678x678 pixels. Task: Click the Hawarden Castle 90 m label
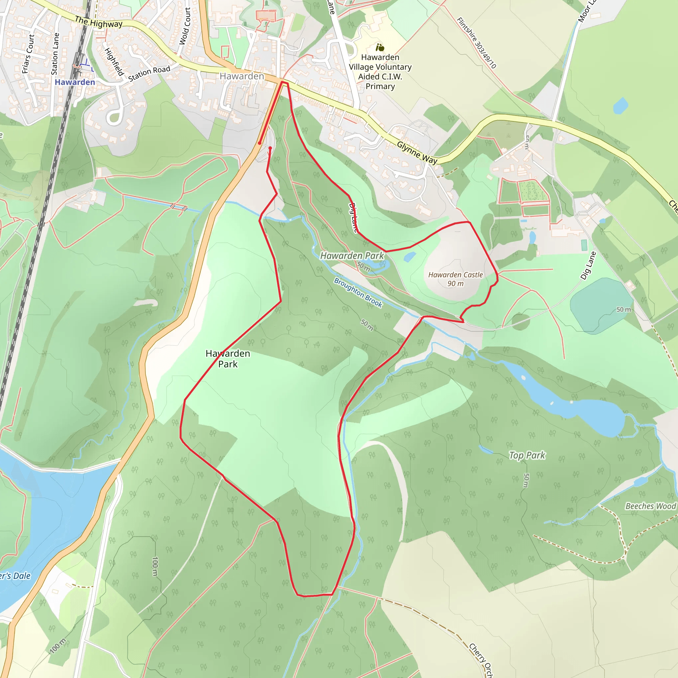(455, 279)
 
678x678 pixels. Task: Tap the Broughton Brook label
(358, 292)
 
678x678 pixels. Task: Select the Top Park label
(527, 456)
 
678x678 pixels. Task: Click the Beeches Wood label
(650, 506)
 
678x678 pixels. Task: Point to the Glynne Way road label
(417, 152)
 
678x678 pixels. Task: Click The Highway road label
(99, 23)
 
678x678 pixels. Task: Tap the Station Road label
(149, 74)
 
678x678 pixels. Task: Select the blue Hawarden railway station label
(75, 82)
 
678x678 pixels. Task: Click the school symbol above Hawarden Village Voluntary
(380, 47)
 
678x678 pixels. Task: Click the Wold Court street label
(185, 26)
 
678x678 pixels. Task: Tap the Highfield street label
(115, 62)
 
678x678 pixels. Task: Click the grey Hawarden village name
(242, 76)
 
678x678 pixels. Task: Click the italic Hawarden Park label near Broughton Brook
(352, 256)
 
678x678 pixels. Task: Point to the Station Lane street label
(55, 54)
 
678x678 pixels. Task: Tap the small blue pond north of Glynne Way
(620, 106)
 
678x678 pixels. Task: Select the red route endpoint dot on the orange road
(259, 143)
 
